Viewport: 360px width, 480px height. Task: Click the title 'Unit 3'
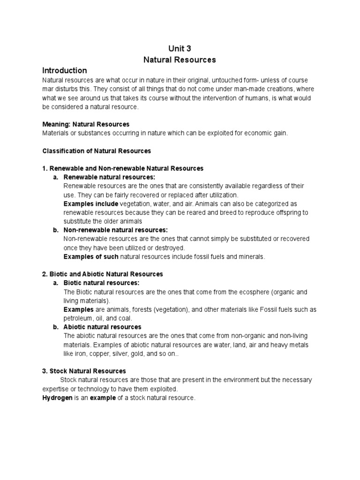pos(180,48)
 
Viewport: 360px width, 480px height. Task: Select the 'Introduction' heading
pos(65,71)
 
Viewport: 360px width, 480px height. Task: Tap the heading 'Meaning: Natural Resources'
pos(86,124)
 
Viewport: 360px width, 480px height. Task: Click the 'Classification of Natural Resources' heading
pos(97,151)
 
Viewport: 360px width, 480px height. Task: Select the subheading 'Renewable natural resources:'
pos(109,177)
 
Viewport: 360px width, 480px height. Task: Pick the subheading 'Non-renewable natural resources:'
pos(115,230)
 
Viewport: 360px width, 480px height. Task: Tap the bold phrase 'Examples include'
pos(90,204)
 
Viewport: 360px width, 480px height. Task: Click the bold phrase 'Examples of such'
pos(91,257)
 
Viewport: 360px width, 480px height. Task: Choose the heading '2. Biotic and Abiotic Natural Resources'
pos(103,274)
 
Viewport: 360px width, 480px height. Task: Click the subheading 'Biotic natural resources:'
pos(101,283)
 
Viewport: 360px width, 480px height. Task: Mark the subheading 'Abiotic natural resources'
pos(102,327)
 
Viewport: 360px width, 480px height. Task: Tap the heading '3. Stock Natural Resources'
pos(84,371)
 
